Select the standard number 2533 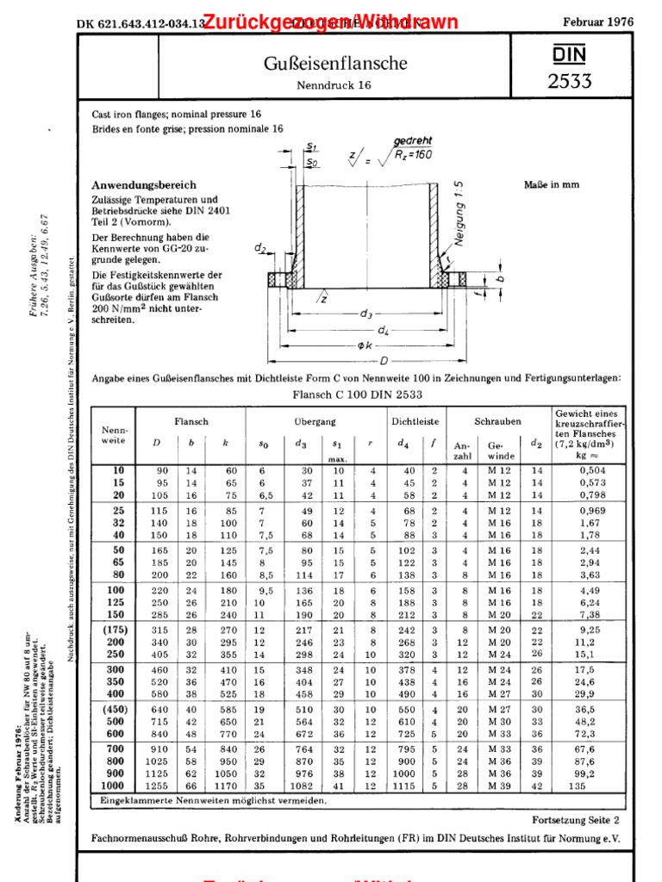click(569, 82)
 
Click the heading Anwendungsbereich click(144, 185)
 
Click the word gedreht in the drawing click(413, 140)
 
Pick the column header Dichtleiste click(415, 422)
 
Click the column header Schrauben click(497, 422)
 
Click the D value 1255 click(157, 786)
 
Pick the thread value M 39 click(499, 786)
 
